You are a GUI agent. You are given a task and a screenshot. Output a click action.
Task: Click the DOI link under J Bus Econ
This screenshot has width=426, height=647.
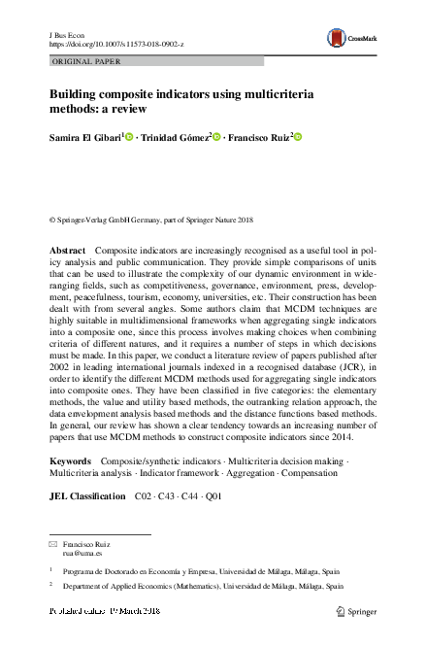[x=115, y=45]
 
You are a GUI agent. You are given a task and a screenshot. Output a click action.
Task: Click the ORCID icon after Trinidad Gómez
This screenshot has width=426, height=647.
[x=216, y=136]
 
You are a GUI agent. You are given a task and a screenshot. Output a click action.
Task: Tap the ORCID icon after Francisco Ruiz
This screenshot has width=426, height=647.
[x=298, y=136]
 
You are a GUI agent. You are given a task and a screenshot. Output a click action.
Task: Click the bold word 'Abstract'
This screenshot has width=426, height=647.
[x=68, y=251]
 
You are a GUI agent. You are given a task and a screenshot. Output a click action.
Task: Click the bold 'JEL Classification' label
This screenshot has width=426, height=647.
[x=86, y=496]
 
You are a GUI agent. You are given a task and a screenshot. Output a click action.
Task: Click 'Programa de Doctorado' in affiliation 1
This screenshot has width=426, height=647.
[x=104, y=573]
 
